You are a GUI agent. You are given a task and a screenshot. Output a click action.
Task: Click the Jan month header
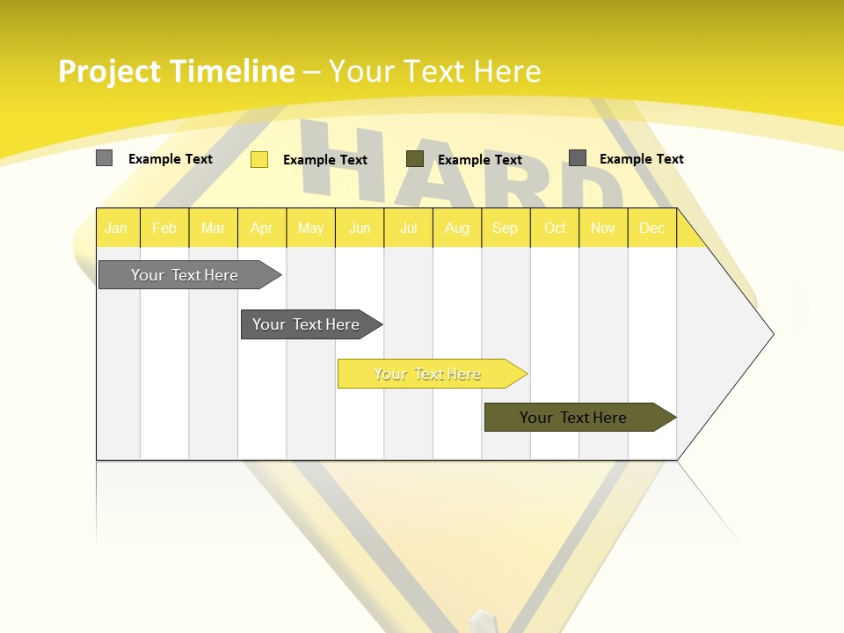coord(116,229)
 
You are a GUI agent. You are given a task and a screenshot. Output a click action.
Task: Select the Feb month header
coord(164,229)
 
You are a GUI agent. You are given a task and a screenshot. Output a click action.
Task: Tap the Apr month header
coord(262,229)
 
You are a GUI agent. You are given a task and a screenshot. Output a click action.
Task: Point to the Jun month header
coord(360,229)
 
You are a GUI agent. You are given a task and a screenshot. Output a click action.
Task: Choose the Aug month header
coord(457,229)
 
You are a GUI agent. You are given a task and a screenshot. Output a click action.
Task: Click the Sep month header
coord(506,229)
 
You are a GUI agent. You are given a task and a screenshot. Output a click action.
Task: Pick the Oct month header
coord(555,229)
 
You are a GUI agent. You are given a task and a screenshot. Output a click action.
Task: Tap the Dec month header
coord(652,229)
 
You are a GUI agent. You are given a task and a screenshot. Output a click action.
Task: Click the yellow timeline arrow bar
coord(429,374)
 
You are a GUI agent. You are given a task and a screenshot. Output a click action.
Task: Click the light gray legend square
coord(104,158)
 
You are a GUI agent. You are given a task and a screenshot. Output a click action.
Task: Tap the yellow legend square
coord(259,159)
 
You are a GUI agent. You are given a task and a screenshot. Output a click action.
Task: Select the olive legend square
coord(415,159)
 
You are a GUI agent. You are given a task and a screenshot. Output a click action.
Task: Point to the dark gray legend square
coord(578,158)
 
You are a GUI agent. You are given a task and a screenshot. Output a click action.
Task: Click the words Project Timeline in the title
coord(176,71)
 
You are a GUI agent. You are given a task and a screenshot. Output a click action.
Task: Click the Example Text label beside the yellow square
coord(325,160)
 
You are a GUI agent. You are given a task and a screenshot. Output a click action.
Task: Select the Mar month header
coord(214,229)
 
